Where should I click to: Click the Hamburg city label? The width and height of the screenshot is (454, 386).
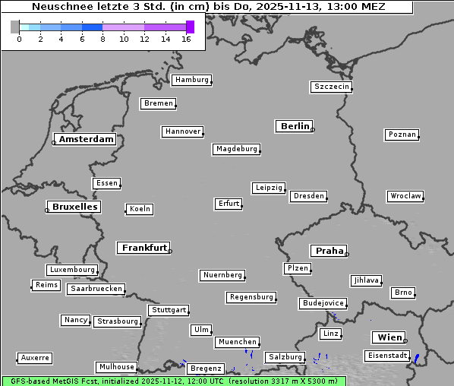[x=191, y=80]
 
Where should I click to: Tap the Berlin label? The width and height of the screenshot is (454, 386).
[x=295, y=126]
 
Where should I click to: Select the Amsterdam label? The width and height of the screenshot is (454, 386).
[x=86, y=139]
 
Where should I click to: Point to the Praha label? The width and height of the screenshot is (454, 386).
[x=329, y=251]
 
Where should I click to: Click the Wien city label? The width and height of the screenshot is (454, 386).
[x=389, y=337]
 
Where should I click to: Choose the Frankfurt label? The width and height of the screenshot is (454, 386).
[x=143, y=248]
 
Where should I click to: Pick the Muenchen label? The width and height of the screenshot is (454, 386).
[x=237, y=342]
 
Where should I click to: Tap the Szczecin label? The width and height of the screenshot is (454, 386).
[x=331, y=87]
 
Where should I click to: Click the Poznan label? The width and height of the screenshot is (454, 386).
[x=402, y=134]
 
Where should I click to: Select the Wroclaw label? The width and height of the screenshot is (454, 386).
[x=405, y=196]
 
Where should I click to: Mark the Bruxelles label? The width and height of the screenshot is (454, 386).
[x=74, y=207]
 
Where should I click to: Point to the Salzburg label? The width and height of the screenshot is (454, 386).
[x=285, y=357]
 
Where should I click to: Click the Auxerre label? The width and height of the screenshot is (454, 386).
[x=34, y=357]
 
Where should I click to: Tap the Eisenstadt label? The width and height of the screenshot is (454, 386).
[x=386, y=356]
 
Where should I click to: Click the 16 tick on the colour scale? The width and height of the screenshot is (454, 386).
[x=185, y=38]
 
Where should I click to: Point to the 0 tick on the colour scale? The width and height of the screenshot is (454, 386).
[x=19, y=38]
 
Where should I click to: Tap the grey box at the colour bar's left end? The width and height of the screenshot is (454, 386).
[x=15, y=27]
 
